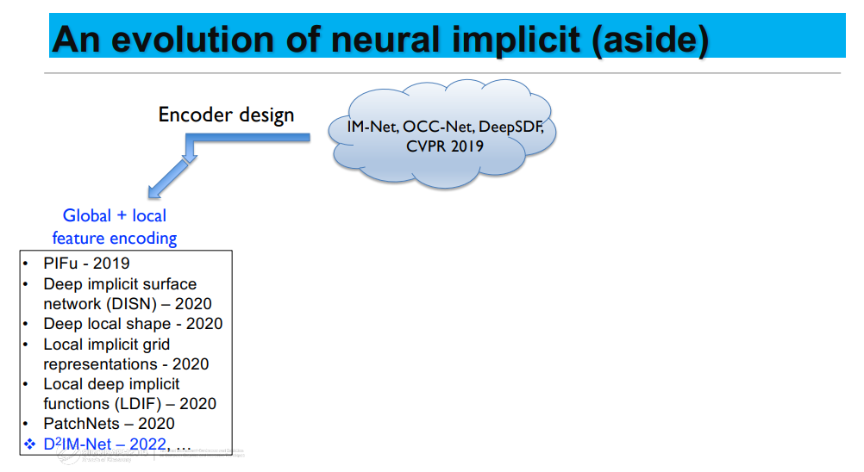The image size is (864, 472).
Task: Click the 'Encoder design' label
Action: click(x=226, y=115)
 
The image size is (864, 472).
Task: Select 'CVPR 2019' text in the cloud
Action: click(x=445, y=146)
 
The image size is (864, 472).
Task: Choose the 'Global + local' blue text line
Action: click(x=115, y=215)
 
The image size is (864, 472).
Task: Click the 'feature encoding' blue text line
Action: click(x=115, y=238)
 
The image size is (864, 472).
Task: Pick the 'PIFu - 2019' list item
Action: click(x=86, y=264)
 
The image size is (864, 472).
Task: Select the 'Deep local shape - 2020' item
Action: click(x=133, y=324)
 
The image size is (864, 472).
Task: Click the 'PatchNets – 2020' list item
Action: click(x=109, y=424)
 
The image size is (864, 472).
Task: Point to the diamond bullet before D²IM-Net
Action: click(x=28, y=444)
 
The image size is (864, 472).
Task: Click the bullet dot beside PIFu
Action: click(x=28, y=264)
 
